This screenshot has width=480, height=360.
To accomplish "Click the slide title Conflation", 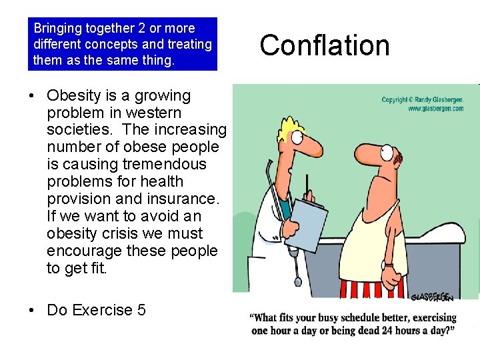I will pos(325,45).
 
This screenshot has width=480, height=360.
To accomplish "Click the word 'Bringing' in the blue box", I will pos(57,29).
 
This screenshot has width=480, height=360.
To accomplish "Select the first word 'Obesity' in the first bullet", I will pos(72,96).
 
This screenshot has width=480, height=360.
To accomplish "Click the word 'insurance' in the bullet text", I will pos(183,199).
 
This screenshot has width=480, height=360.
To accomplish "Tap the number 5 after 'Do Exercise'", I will pos(141,310).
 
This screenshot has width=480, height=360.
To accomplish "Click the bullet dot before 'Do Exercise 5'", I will pos(32,310).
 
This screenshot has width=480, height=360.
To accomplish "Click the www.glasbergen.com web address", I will pos(435,109).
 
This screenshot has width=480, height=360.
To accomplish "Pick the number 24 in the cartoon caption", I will pos(387,331).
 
